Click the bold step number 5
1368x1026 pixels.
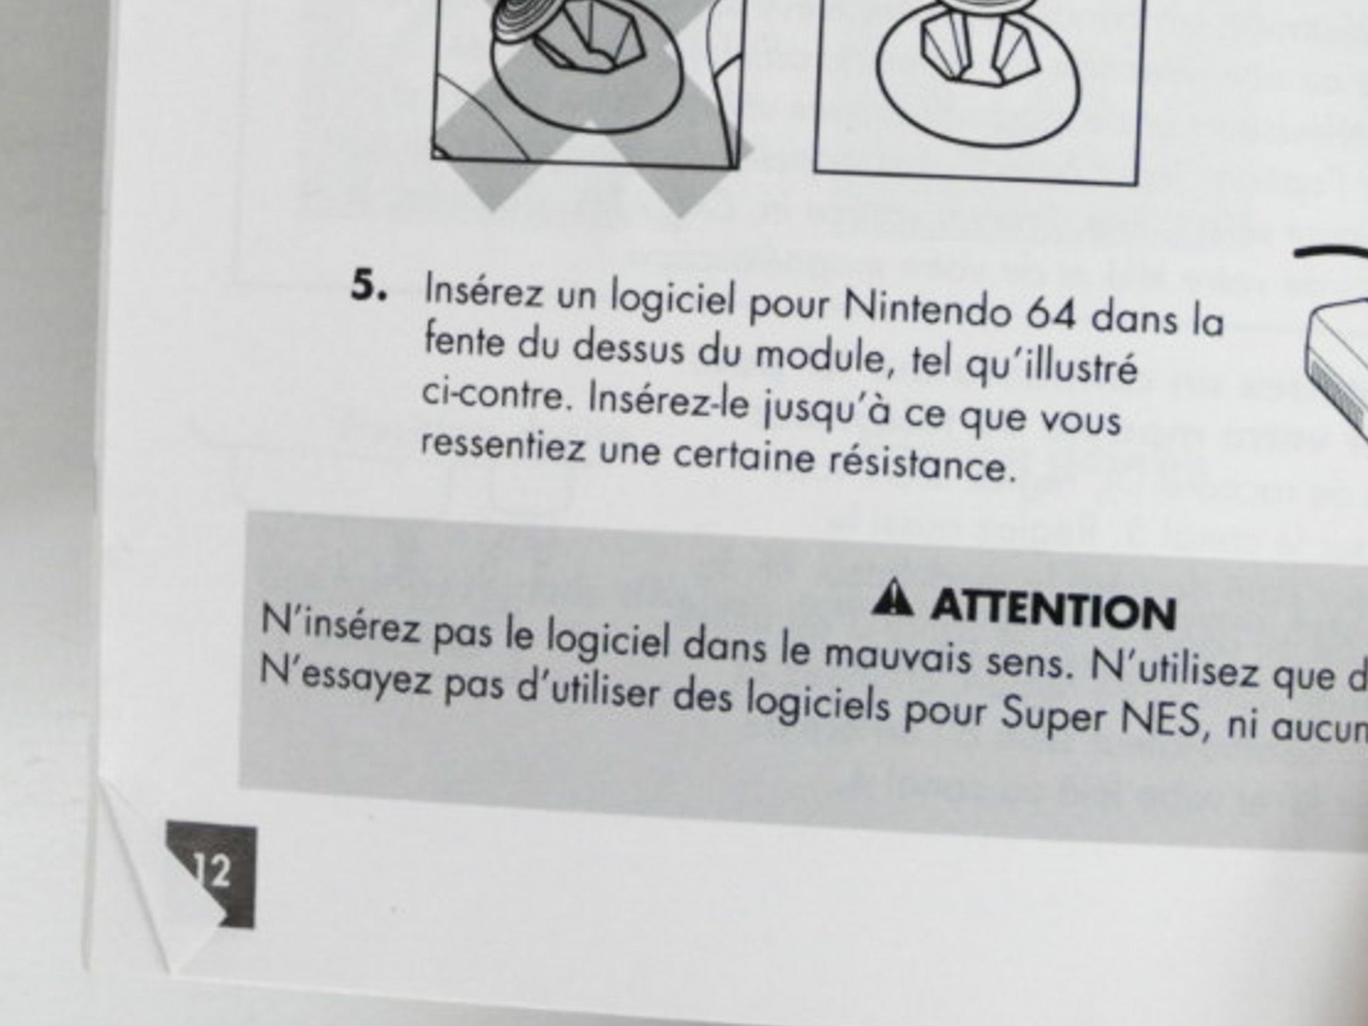369,288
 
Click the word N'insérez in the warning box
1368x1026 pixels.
341,625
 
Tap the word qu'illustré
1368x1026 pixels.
1052,368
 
